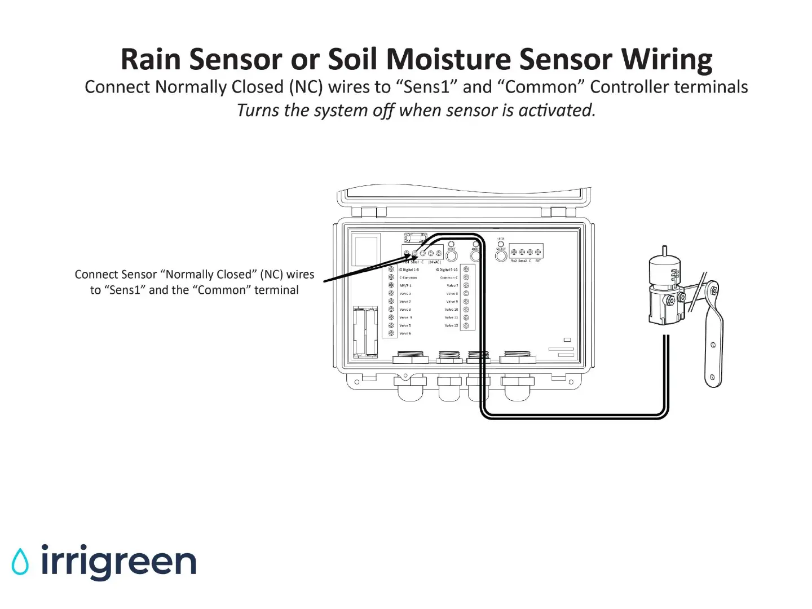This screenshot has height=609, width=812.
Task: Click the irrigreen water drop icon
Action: [x=20, y=561]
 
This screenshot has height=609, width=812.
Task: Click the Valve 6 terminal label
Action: [x=405, y=334]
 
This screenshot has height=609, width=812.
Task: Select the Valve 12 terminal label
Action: [x=451, y=325]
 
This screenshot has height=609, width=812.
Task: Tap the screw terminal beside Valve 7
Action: [x=466, y=285]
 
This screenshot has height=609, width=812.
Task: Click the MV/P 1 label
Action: [x=405, y=286]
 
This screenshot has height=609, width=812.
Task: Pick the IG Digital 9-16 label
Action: [x=446, y=270]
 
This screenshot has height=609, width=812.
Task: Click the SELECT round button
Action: [x=501, y=256]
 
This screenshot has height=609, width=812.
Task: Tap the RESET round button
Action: [x=451, y=256]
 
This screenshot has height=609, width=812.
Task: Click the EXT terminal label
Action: [x=538, y=261]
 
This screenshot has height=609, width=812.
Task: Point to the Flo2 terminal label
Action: [x=514, y=261]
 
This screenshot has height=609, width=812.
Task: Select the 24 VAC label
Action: [x=435, y=262]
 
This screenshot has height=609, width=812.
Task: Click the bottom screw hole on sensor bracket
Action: [x=712, y=377]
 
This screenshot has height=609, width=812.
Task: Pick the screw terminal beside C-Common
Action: [x=391, y=277]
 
